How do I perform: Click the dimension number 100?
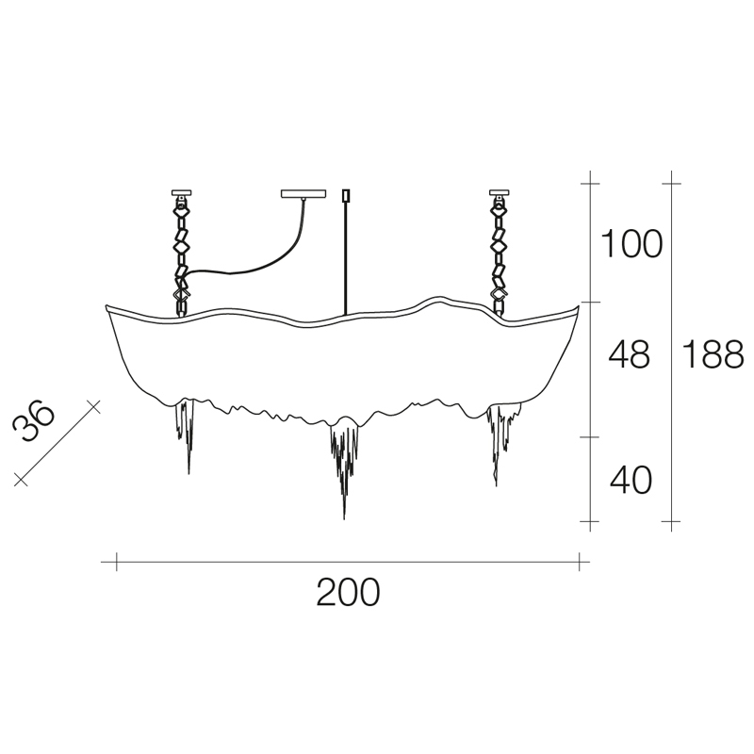(x=631, y=244)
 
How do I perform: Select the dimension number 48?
(x=629, y=354)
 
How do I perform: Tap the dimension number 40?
(x=631, y=480)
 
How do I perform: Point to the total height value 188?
(x=713, y=354)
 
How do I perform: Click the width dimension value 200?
(x=348, y=592)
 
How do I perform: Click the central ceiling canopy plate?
(x=303, y=193)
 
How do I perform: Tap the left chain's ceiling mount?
(x=181, y=194)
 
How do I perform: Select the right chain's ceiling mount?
(x=500, y=194)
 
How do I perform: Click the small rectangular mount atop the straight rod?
(x=345, y=196)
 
